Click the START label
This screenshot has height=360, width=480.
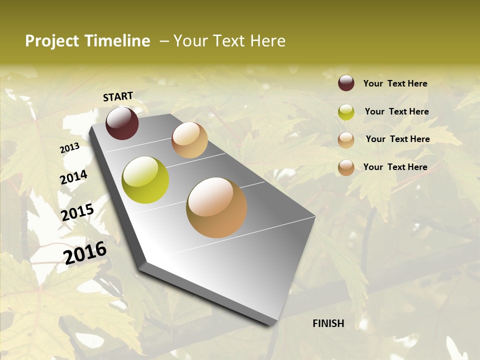tap(118, 96)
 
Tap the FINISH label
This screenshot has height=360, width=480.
tap(328, 323)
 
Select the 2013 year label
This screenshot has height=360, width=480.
tap(69, 148)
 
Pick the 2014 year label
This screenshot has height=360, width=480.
tap(73, 177)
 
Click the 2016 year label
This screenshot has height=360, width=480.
tap(85, 252)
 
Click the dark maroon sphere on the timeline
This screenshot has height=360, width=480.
tap(122, 123)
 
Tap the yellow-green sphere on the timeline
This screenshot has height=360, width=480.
tap(145, 180)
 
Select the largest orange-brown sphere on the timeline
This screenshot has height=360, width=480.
tap(216, 207)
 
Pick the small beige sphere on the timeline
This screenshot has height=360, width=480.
tap(189, 140)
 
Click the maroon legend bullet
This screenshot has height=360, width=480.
tap(346, 83)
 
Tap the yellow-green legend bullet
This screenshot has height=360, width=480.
tap(346, 112)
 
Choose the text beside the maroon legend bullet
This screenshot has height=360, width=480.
tap(395, 83)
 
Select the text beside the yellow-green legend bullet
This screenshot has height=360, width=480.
tap(396, 111)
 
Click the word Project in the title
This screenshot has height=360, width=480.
tap(52, 41)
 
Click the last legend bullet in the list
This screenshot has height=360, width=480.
tap(346, 167)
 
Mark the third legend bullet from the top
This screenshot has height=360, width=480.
tap(346, 140)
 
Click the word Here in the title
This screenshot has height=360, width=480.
tap(267, 41)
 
